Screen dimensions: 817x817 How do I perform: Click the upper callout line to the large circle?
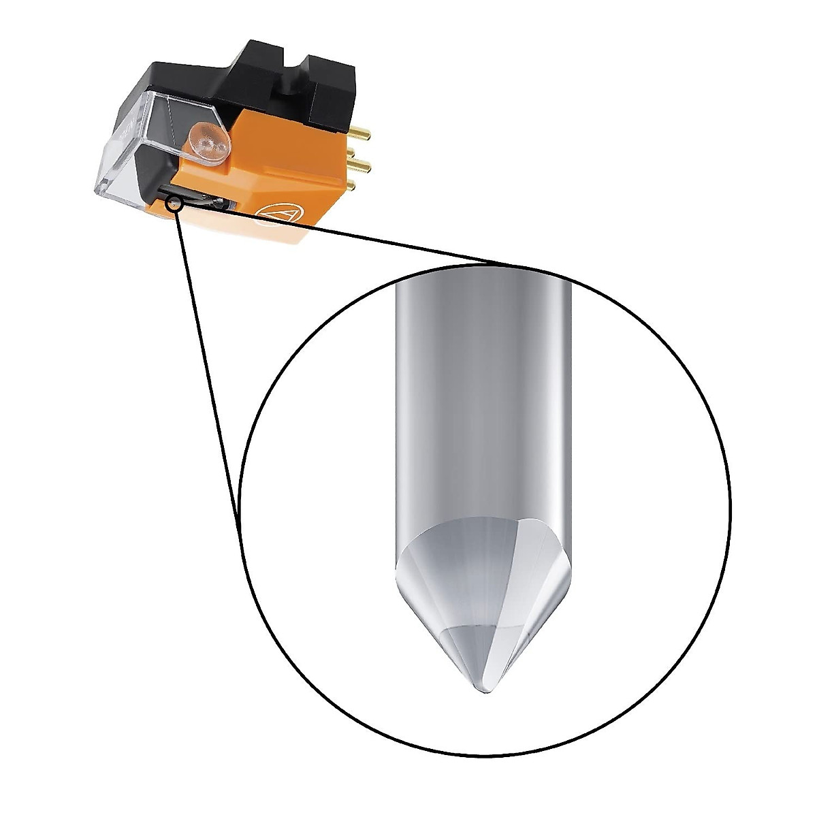pyautogui.click(x=354, y=234)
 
